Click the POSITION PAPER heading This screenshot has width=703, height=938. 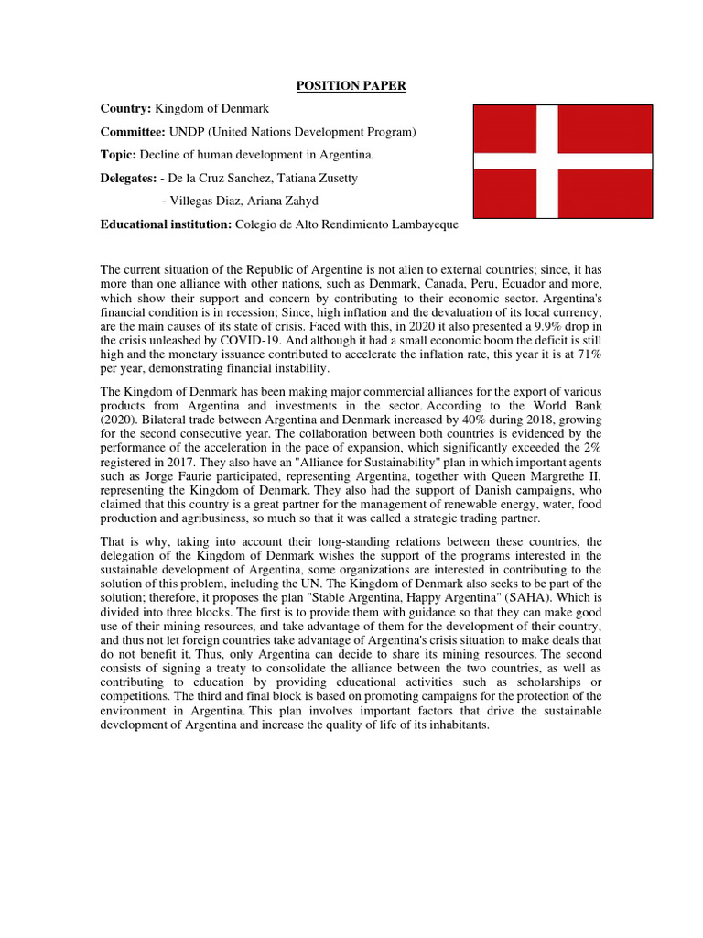[x=351, y=86]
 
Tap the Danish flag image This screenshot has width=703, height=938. [x=562, y=161]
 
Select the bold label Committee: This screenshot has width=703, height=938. [x=134, y=132]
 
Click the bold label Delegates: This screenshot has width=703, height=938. [x=128, y=178]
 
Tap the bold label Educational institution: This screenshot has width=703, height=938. [x=166, y=224]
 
